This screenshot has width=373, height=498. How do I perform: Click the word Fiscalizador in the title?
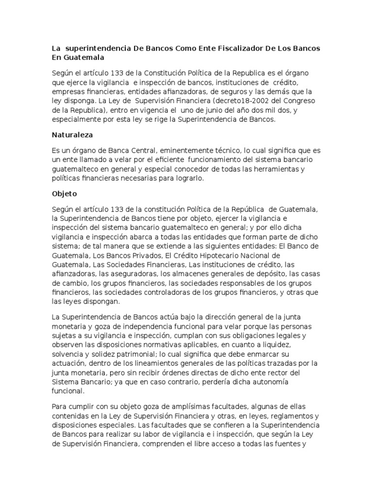click(227, 49)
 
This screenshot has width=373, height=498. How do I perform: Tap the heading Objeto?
click(65, 193)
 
